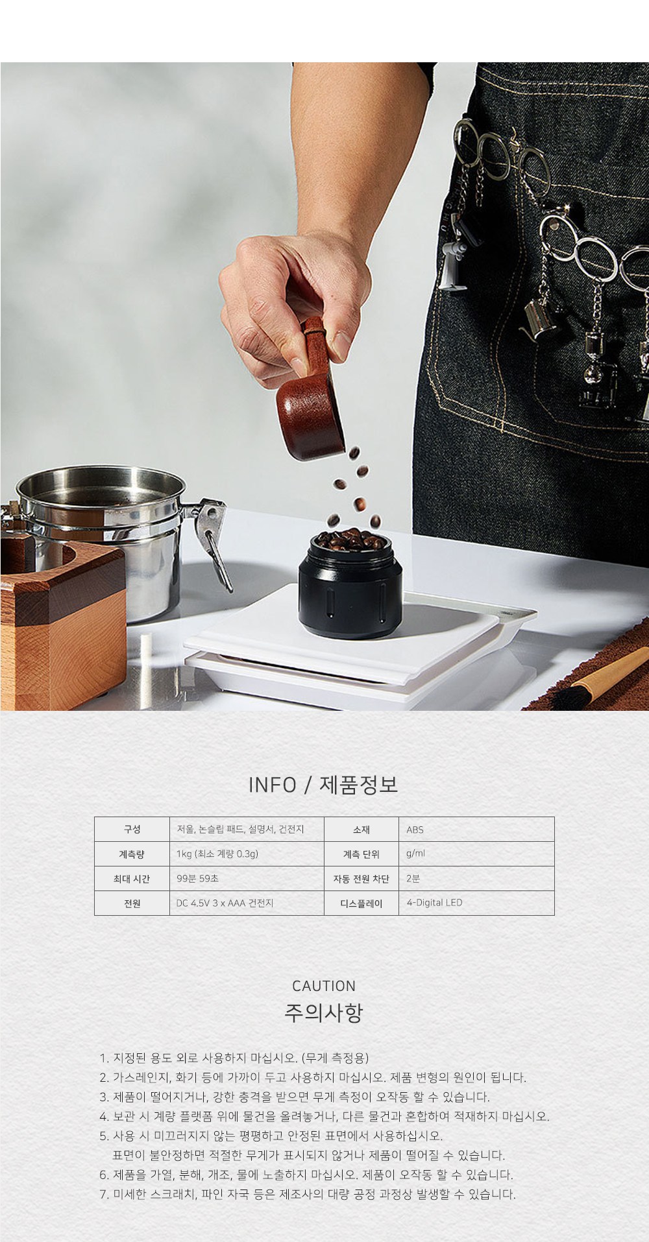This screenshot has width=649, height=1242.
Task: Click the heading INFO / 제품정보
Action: (x=323, y=785)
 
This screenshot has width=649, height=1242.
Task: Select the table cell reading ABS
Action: (x=476, y=830)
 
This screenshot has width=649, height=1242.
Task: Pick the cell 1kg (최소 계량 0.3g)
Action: (x=247, y=854)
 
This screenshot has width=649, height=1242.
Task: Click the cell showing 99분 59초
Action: (x=247, y=879)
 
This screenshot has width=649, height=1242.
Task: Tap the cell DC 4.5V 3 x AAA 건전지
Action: (x=247, y=903)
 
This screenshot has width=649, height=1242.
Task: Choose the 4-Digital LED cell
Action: (x=476, y=903)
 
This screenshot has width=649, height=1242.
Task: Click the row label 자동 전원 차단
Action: (x=361, y=879)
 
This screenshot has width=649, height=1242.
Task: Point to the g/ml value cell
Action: (x=476, y=854)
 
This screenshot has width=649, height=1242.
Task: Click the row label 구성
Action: (x=132, y=830)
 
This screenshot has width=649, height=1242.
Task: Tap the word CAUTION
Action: (x=324, y=986)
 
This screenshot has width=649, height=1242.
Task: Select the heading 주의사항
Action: (x=324, y=1013)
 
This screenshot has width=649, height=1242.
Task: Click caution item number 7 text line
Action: (x=308, y=1194)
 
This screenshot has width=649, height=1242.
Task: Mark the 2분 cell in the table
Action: (x=476, y=879)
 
